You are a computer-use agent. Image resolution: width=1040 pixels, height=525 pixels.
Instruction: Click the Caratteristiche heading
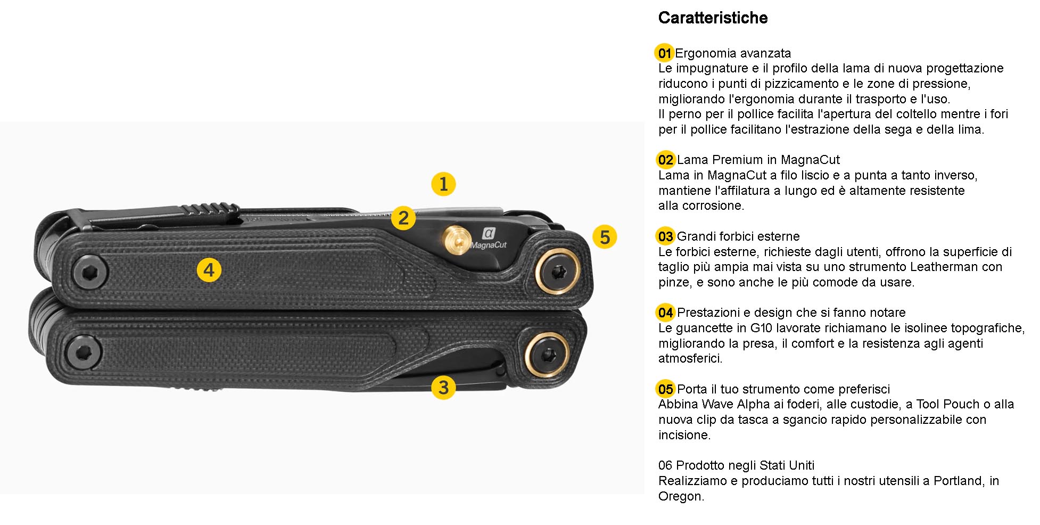[713, 18]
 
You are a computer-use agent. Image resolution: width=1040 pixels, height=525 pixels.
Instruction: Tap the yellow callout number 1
[443, 184]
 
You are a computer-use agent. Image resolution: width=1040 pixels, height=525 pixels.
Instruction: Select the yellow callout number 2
[403, 218]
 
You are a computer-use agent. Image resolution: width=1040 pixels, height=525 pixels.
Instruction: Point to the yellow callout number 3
[443, 387]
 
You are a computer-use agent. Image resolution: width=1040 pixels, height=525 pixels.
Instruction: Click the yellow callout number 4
[209, 270]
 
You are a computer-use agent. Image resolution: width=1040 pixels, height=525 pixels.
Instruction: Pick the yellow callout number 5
[605, 237]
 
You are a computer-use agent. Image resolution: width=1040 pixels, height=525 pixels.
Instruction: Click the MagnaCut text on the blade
[489, 245]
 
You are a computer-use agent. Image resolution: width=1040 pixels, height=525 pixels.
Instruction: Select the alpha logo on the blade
[489, 233]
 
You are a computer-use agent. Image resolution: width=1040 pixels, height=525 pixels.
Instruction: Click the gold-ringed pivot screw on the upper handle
[557, 272]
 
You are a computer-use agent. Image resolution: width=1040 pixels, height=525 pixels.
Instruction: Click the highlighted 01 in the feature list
[664, 53]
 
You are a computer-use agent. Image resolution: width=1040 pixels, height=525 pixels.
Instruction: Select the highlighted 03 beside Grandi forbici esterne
[665, 236]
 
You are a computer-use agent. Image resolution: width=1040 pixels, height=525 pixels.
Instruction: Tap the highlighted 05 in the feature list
[665, 389]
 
